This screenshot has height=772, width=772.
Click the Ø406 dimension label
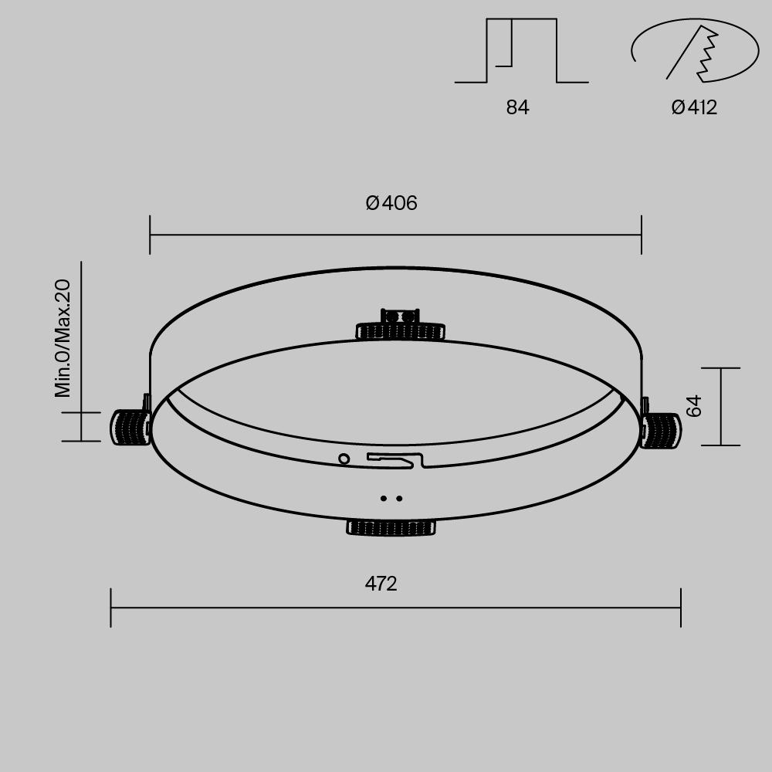pyautogui.click(x=391, y=203)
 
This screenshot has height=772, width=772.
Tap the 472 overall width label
pyautogui.click(x=381, y=584)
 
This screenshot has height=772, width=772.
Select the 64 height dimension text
pyautogui.click(x=694, y=406)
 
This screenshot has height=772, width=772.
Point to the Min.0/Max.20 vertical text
pyautogui.click(x=63, y=338)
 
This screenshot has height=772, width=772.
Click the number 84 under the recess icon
pyautogui.click(x=517, y=107)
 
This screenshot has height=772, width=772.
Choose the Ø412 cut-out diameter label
pyautogui.click(x=694, y=107)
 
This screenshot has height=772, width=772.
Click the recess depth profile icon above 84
pyautogui.click(x=521, y=51)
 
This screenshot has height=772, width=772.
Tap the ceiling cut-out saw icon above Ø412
pyautogui.click(x=694, y=51)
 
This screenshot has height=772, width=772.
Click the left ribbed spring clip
pyautogui.click(x=130, y=427)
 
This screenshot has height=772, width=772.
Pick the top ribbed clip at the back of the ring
pyautogui.click(x=400, y=331)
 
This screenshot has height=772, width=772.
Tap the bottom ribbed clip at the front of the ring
pyautogui.click(x=391, y=528)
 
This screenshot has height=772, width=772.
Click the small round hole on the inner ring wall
pyautogui.click(x=344, y=459)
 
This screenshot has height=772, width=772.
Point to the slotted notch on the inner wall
pyautogui.click(x=397, y=459)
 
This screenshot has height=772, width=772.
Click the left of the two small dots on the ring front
pyautogui.click(x=384, y=499)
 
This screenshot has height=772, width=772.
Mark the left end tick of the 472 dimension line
pyautogui.click(x=111, y=608)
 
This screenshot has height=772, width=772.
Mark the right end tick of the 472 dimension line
pyautogui.click(x=680, y=608)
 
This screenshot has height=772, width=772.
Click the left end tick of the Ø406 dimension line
pyautogui.click(x=150, y=235)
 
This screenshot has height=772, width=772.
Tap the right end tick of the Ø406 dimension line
pyautogui.click(x=641, y=235)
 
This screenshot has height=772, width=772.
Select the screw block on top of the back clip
pyautogui.click(x=400, y=316)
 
